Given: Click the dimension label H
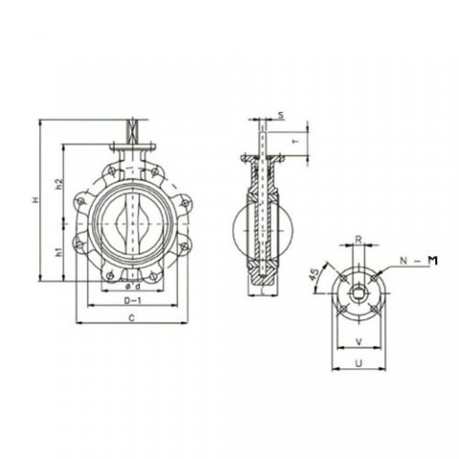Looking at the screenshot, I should pyautogui.click(x=34, y=199).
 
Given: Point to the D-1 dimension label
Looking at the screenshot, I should pyautogui.click(x=135, y=299).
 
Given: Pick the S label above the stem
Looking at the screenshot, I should pyautogui.click(x=280, y=115).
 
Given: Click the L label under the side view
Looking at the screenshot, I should pyautogui.click(x=262, y=295).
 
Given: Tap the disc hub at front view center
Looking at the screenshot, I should pyautogui.click(x=134, y=228).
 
